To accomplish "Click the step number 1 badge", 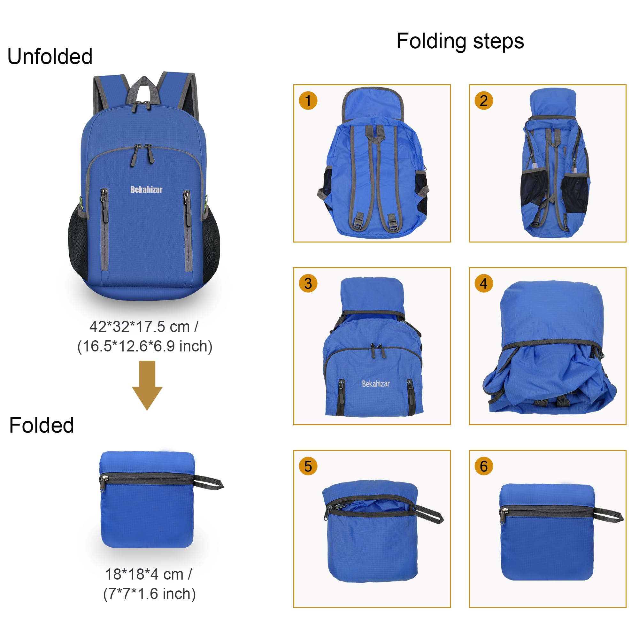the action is pyautogui.click(x=308, y=101).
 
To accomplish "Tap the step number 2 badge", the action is pyautogui.click(x=483, y=101).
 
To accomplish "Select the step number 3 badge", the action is pyautogui.click(x=308, y=283).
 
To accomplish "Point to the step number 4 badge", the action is pyautogui.click(x=483, y=283).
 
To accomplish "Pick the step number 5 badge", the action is pyautogui.click(x=308, y=466).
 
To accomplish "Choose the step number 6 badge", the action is pyautogui.click(x=483, y=466).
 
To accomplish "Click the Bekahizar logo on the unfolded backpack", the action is pyautogui.click(x=147, y=189).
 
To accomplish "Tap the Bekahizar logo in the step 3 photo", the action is pyautogui.click(x=376, y=384).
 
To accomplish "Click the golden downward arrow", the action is pyautogui.click(x=147, y=385).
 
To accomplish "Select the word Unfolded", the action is pyautogui.click(x=50, y=57).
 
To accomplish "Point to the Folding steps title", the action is pyautogui.click(x=460, y=42).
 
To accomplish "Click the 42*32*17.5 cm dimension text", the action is pyautogui.click(x=144, y=327).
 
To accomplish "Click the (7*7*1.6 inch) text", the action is pyautogui.click(x=150, y=594).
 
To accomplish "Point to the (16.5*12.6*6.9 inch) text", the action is pyautogui.click(x=145, y=346).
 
